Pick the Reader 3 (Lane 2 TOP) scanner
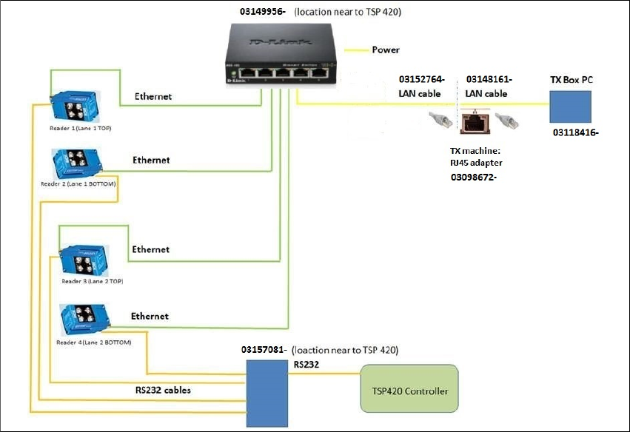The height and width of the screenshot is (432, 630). pyautogui.click(x=84, y=258)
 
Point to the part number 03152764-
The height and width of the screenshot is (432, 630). pyautogui.click(x=422, y=79)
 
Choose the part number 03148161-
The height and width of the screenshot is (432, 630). pyautogui.click(x=489, y=79)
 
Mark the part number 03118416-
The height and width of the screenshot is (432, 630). pyautogui.click(x=576, y=133)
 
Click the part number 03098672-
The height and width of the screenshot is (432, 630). pyautogui.click(x=473, y=178)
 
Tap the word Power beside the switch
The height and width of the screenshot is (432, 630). pyautogui.click(x=385, y=50)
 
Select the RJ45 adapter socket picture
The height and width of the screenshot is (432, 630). pyautogui.click(x=472, y=121)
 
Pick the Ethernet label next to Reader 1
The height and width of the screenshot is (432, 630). pyautogui.click(x=153, y=97)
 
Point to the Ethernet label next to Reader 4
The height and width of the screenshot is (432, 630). pyautogui.click(x=150, y=317)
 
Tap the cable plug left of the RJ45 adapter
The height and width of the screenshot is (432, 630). pyautogui.click(x=441, y=118)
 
